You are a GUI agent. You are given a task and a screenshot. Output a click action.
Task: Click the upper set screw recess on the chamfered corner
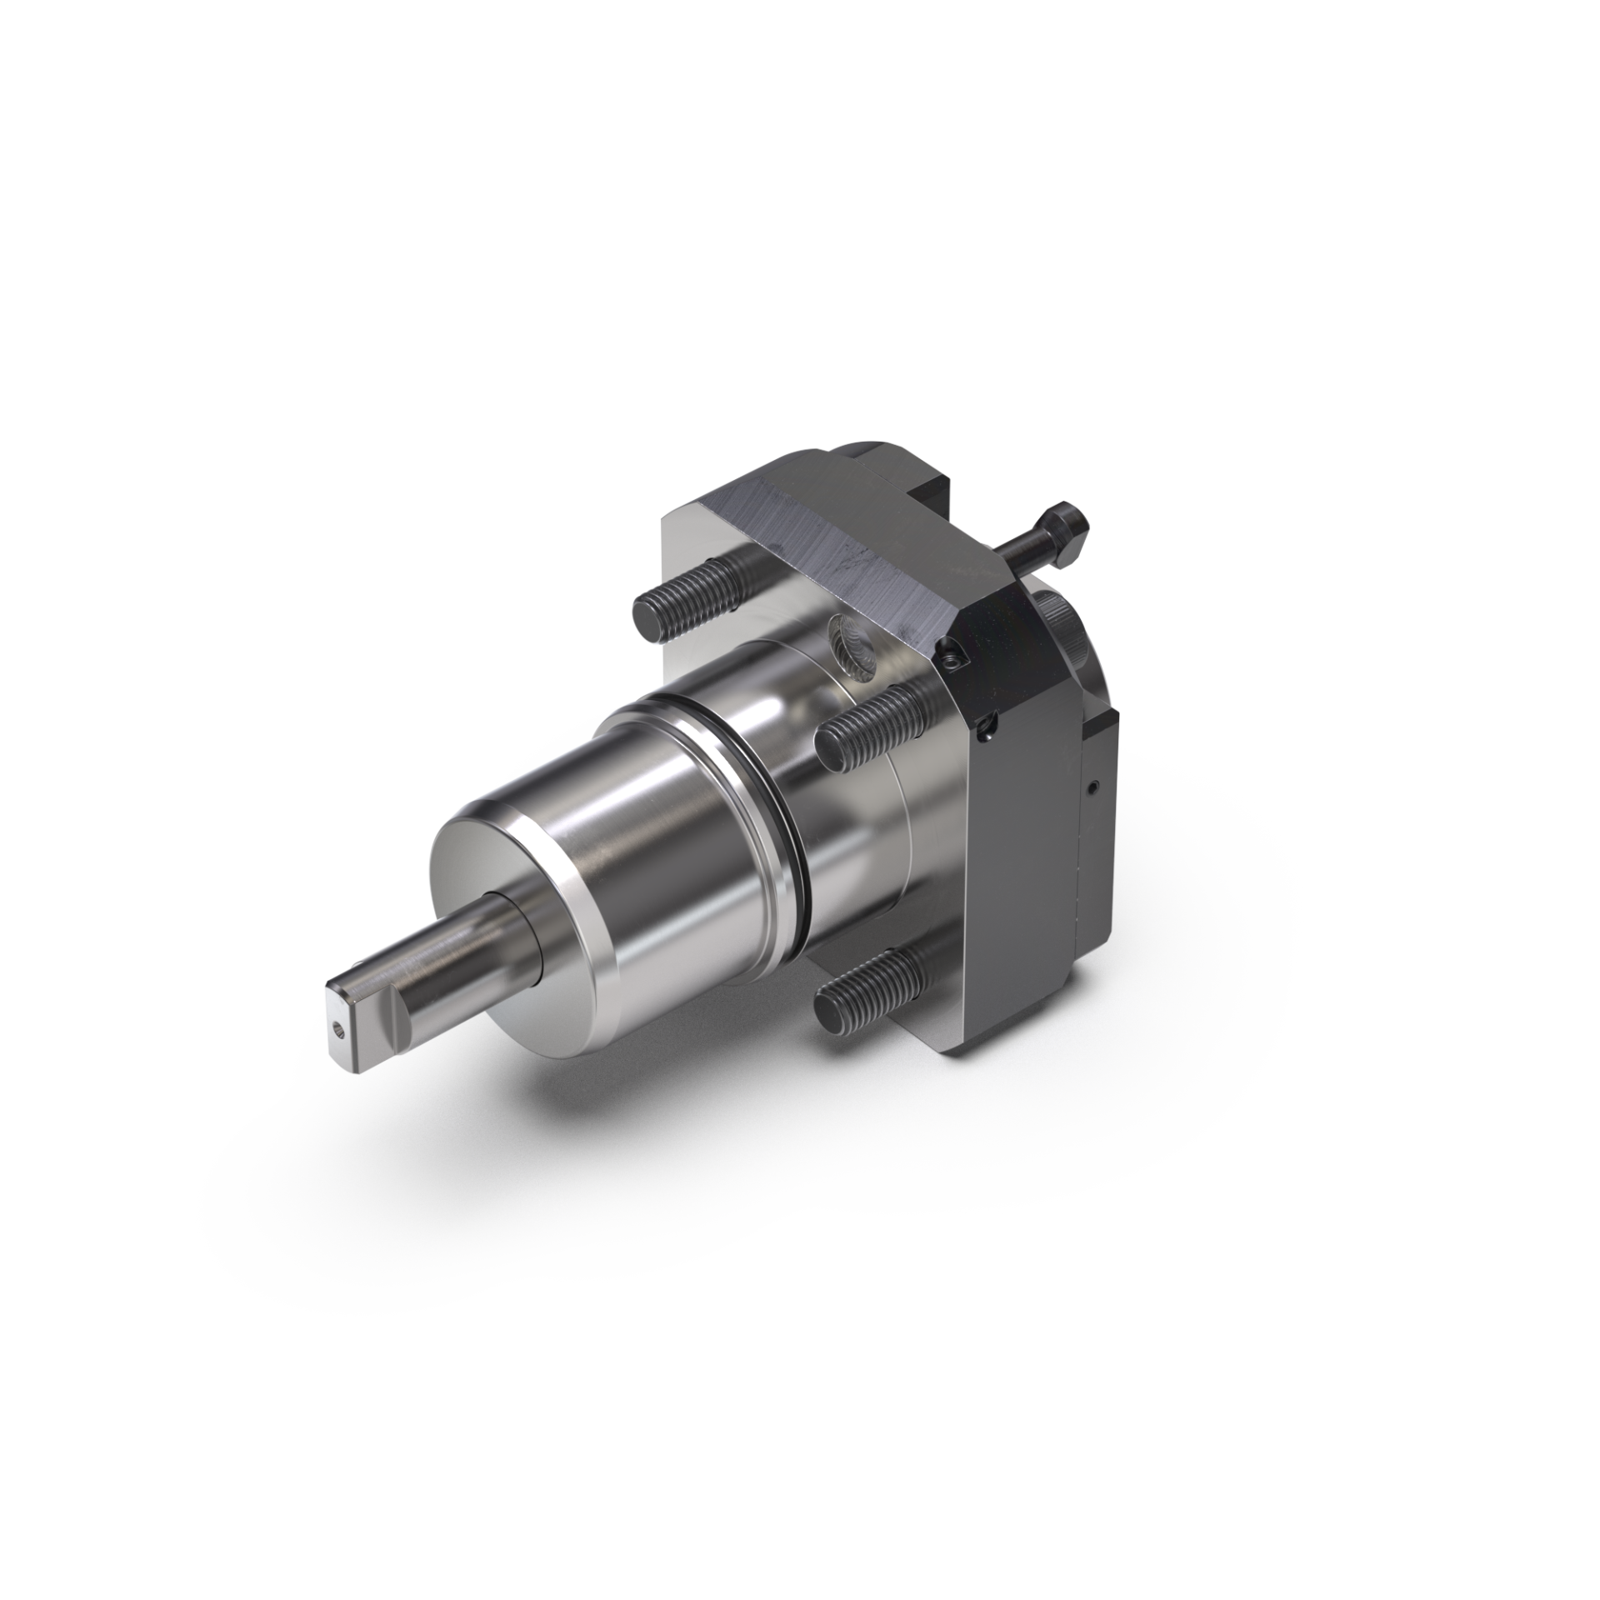[x=952, y=658]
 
